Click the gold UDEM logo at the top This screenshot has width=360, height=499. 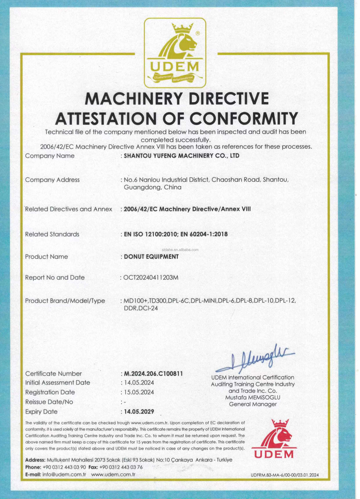175,53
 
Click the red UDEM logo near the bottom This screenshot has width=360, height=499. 274,439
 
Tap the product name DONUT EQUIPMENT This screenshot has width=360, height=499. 150,256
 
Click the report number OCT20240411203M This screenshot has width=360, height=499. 150,278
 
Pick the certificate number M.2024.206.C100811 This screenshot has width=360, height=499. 153,373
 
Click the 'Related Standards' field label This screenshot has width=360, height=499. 52,234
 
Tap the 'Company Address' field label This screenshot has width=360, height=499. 52,180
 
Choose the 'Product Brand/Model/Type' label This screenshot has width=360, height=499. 65,301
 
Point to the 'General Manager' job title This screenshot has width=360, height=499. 252,404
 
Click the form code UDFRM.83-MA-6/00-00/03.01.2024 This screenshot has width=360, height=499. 285,475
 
